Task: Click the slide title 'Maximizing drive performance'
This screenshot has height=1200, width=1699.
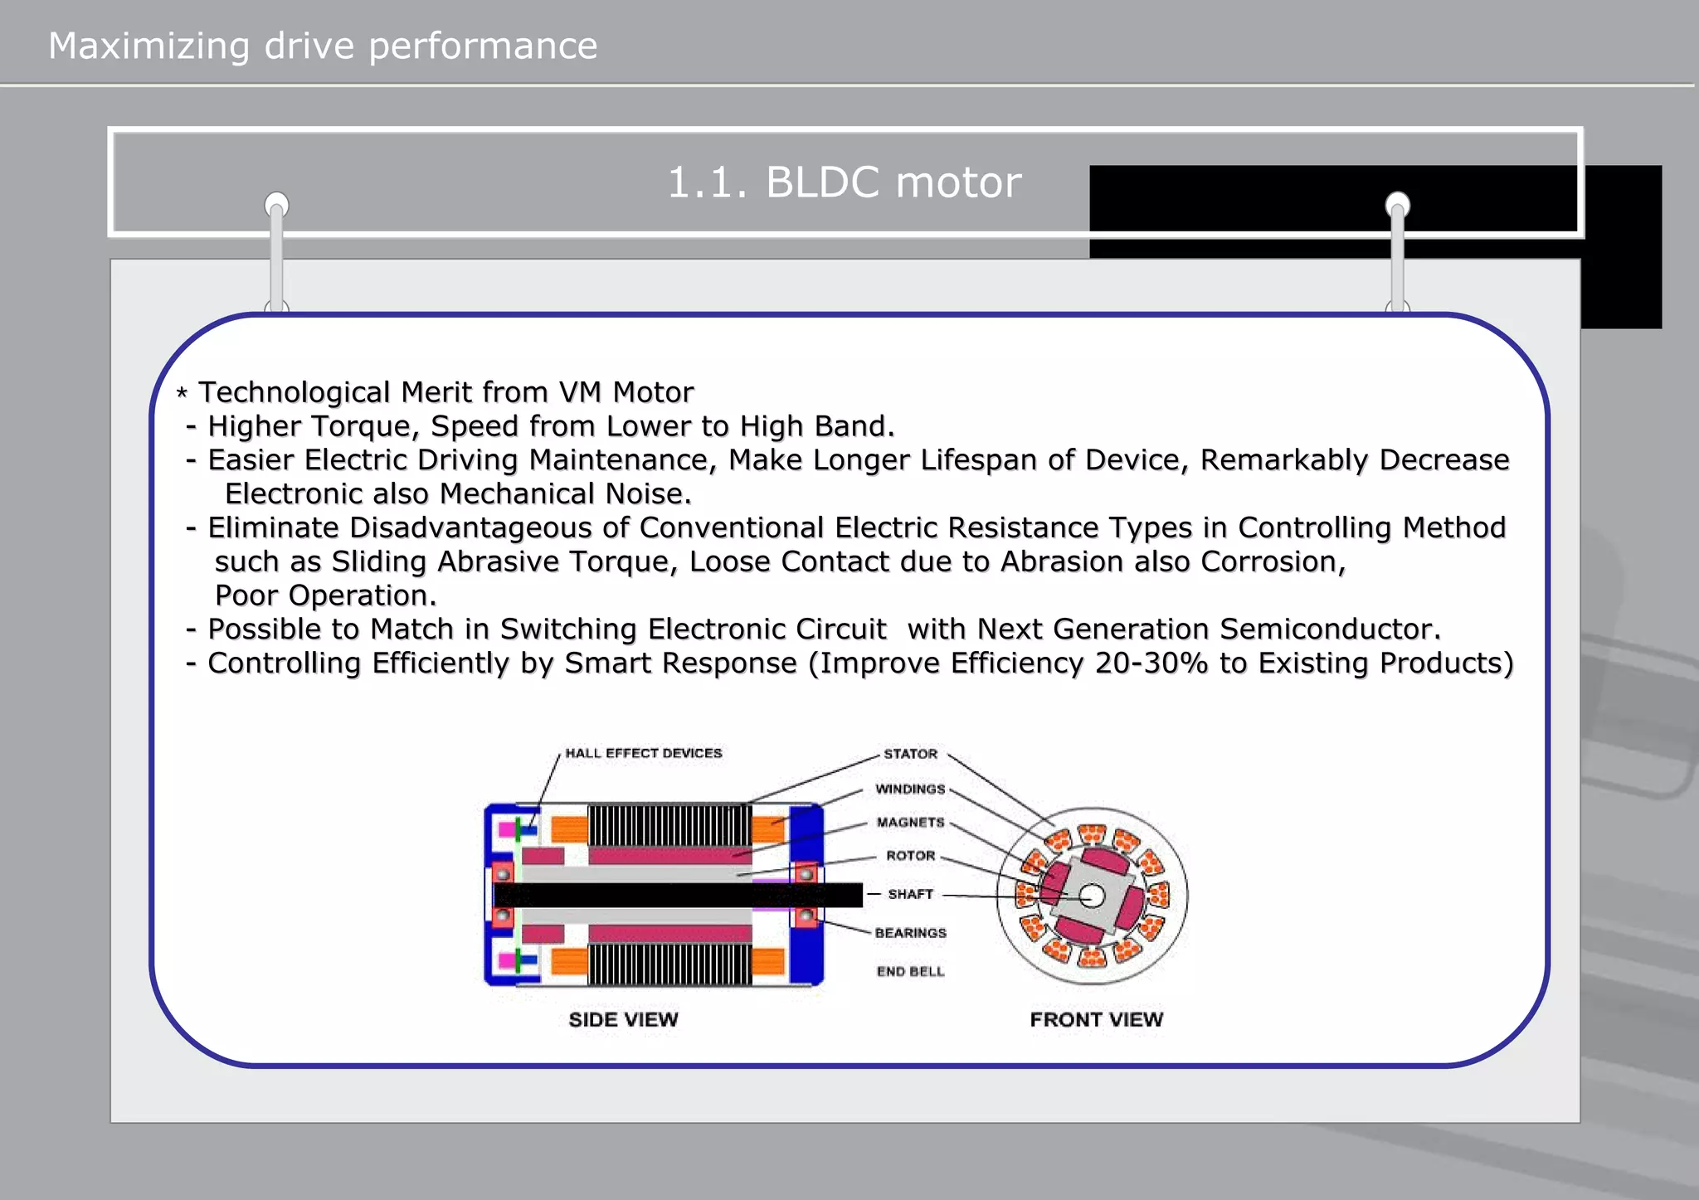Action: coord(323,46)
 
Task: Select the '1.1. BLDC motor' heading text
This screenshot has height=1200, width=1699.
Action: coord(844,182)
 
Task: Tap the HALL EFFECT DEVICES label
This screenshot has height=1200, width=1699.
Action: coord(643,753)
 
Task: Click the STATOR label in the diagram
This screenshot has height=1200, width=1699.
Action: coord(910,754)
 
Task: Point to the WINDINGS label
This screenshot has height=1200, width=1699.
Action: coord(910,789)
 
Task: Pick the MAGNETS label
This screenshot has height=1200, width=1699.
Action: coord(910,823)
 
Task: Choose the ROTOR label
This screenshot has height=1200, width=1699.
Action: coord(910,856)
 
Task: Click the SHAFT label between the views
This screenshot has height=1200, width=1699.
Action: coord(910,894)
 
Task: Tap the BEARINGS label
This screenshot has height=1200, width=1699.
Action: coord(910,933)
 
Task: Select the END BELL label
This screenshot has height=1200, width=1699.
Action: coord(910,971)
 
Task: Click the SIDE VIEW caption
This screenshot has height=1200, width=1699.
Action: coord(623,1019)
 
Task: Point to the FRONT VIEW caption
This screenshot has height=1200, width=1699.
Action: coord(1096,1019)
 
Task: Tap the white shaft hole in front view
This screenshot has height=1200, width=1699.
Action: coord(1093,896)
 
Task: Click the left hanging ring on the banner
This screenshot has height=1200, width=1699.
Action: coord(276,204)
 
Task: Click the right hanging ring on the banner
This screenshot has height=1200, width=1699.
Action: coord(1397,204)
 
